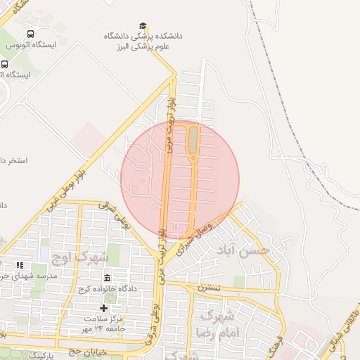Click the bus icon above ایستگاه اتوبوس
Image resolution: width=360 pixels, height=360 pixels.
coord(30,34)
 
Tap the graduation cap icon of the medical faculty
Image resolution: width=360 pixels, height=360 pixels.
coord(143,26)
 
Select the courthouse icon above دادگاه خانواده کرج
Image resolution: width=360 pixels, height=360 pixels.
coord(107,278)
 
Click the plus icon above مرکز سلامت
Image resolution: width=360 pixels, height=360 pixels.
coord(104,308)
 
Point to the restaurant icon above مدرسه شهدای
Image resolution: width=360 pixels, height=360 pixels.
coord(20,265)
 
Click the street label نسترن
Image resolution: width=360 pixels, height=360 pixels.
coord(208,288)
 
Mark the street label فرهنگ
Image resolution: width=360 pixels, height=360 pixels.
coord(275,345)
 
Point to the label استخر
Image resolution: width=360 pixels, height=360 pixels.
coord(14,161)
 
